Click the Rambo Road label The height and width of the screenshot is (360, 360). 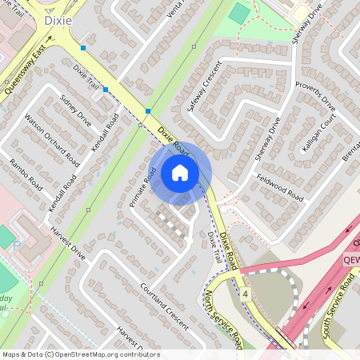coord(25,174)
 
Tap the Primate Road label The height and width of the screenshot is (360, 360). coord(142,188)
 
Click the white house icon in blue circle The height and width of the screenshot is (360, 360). coord(180,172)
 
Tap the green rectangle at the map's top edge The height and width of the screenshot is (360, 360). coord(238,13)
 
